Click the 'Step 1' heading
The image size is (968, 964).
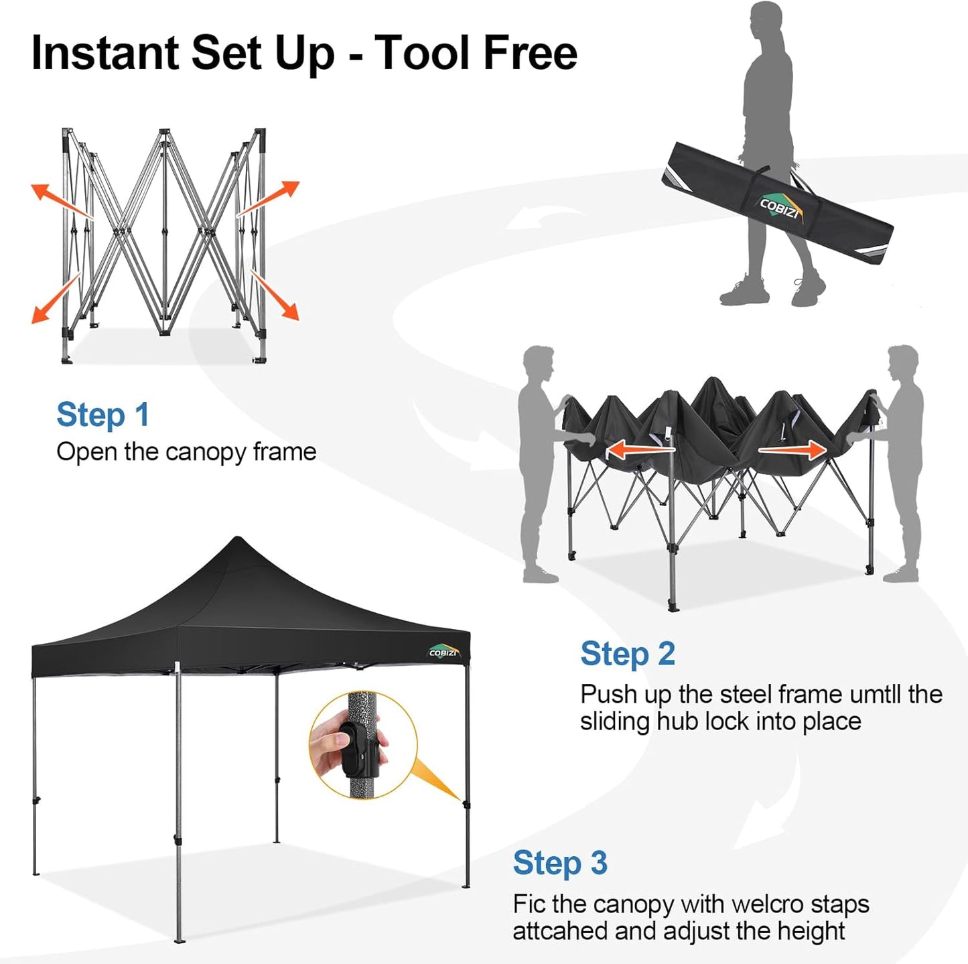coord(102,415)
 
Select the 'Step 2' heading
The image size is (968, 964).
coord(627,654)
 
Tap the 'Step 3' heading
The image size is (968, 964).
coord(560,863)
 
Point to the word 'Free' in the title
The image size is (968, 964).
coord(529,52)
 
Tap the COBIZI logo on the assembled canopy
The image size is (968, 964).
coord(443,652)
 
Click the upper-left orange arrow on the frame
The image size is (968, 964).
coord(60,200)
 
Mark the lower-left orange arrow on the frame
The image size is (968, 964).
coord(58,299)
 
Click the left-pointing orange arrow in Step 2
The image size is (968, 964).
coord(639,450)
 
